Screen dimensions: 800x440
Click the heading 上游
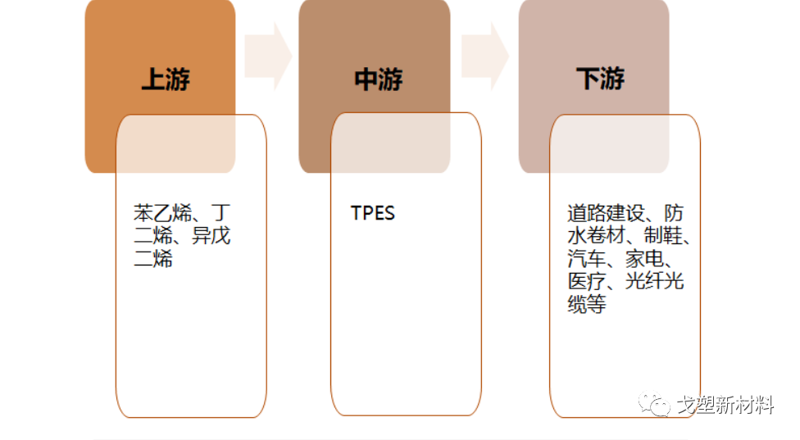[x=166, y=79]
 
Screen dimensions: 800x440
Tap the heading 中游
[x=378, y=79]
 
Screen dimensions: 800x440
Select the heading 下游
[x=600, y=79]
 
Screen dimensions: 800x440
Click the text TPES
[x=373, y=214]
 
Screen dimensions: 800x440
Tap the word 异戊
[x=211, y=237]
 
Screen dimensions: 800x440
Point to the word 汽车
[x=587, y=260]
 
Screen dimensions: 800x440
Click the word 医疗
[x=587, y=283]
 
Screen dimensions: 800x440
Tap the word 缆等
[x=587, y=306]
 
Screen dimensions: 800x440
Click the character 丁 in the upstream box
[x=221, y=214]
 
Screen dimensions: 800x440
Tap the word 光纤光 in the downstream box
[x=655, y=283]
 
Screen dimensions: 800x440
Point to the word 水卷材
[x=597, y=237]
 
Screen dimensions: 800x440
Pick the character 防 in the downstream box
[x=674, y=214]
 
